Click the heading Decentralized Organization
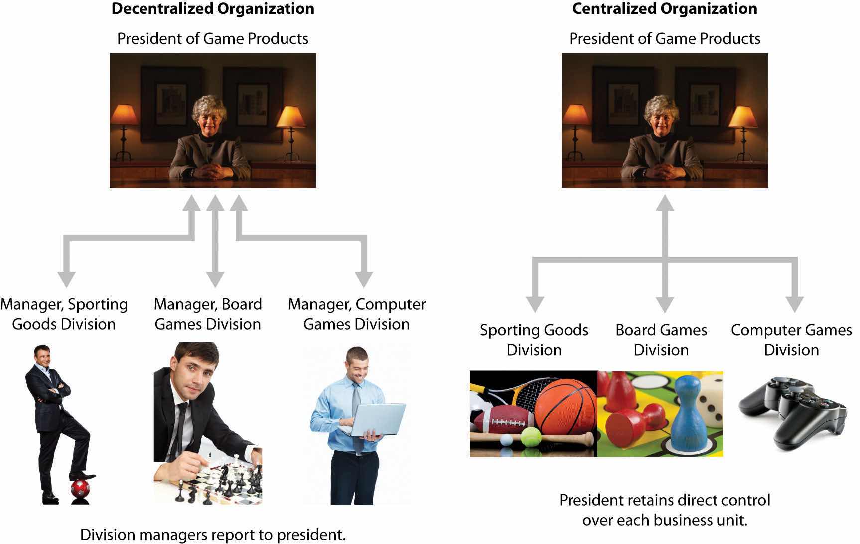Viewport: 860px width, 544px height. click(x=213, y=9)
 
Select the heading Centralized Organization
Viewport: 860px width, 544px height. click(x=664, y=9)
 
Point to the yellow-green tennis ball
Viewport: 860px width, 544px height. click(x=531, y=437)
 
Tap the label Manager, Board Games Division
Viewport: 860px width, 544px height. click(x=208, y=314)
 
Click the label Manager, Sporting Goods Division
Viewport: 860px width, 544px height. click(x=64, y=314)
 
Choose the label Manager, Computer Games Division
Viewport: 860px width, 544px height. click(x=357, y=314)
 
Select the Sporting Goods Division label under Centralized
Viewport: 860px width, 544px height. click(x=534, y=340)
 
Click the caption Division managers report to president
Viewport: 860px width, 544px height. click(x=213, y=535)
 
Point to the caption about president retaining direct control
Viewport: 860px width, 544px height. click(x=665, y=510)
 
